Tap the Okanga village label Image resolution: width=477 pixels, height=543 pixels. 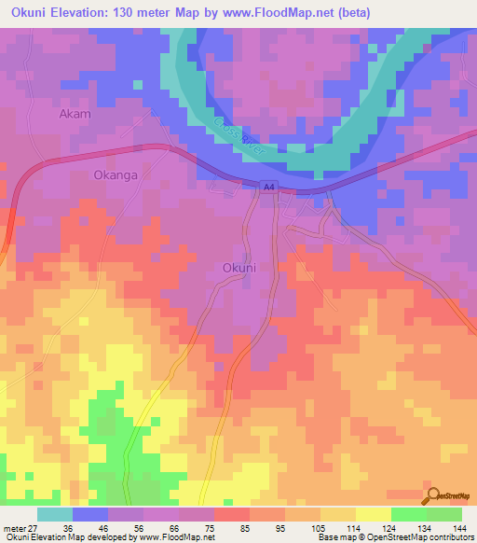click(116, 174)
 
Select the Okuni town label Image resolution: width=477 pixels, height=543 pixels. click(239, 268)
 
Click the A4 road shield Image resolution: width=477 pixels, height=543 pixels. click(268, 187)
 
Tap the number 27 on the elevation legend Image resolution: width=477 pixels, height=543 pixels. click(35, 528)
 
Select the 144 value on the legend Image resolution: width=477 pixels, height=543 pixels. click(457, 528)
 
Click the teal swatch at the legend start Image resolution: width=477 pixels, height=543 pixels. click(55, 514)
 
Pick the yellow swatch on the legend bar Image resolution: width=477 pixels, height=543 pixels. click(372, 514)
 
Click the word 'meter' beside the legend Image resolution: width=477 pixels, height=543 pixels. click(14, 528)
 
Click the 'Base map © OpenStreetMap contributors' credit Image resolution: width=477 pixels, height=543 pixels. click(392, 538)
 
